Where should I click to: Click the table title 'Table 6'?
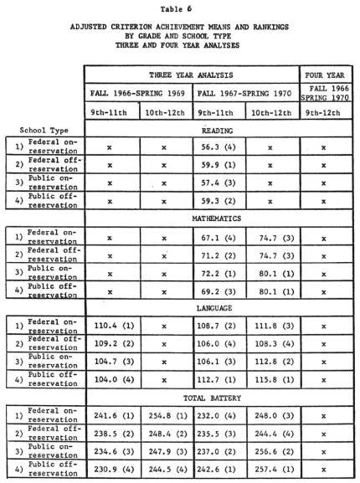[180, 8]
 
